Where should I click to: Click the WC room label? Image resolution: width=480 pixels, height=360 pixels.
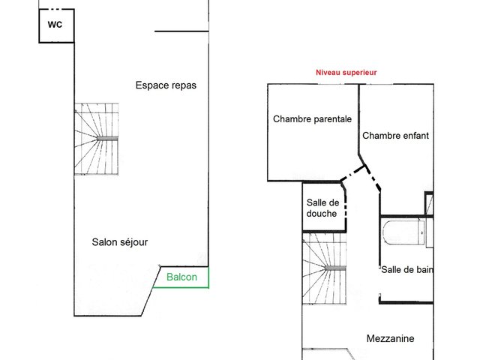point(55,24)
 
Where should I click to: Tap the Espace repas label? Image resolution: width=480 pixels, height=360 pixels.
point(166,85)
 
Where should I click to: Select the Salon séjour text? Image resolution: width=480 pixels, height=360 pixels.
point(120,242)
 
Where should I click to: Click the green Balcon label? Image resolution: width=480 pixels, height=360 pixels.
point(181,277)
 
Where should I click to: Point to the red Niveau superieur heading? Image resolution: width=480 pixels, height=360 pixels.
point(346,73)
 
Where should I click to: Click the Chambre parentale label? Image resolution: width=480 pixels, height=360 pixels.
point(312,118)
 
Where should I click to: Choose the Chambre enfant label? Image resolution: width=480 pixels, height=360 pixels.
point(395,135)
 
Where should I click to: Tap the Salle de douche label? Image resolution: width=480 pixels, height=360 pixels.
point(322,208)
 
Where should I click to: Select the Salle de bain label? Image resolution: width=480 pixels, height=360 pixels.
point(407,270)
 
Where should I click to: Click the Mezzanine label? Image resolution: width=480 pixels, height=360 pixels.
point(390,338)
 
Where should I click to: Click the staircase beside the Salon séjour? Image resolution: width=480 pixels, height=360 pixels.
point(97,139)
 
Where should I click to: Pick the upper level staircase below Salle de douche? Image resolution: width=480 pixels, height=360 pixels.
point(325,268)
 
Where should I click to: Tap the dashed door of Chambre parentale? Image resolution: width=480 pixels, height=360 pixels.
point(352,173)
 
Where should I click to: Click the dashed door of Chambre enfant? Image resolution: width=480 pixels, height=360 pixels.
point(373,178)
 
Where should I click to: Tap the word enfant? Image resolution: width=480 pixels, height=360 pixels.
point(413,135)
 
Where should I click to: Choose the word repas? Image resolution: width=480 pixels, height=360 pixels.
point(184,85)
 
